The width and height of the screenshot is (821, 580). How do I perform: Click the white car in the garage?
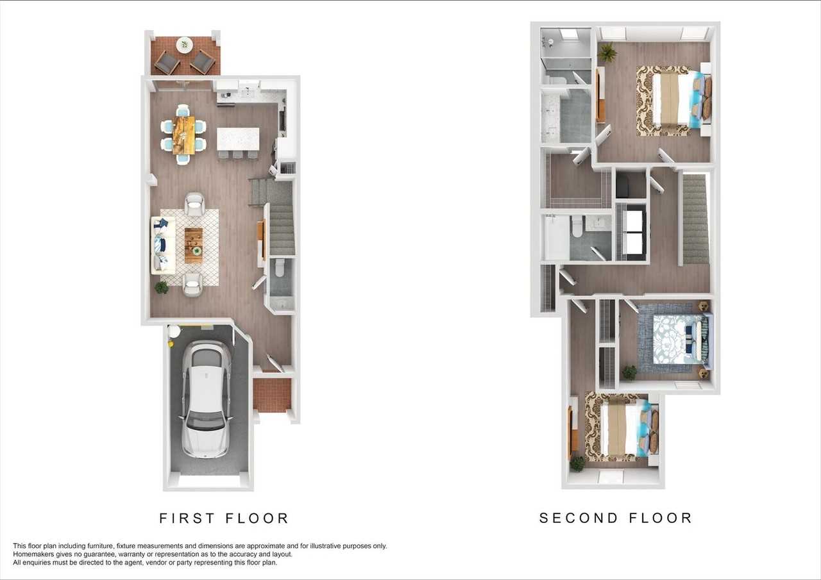click(x=207, y=399)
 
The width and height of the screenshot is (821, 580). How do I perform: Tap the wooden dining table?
click(x=183, y=135)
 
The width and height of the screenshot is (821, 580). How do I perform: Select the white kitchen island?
click(x=238, y=139)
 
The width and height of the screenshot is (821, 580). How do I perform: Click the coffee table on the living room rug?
click(x=194, y=245)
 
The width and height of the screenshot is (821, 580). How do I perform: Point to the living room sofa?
click(x=163, y=245)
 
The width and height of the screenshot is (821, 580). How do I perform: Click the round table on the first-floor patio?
click(x=184, y=45)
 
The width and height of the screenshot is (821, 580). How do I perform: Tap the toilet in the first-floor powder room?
click(x=280, y=268)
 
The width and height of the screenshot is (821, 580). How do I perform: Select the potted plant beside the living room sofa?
click(x=161, y=288)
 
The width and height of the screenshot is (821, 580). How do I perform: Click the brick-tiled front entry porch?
click(x=272, y=395)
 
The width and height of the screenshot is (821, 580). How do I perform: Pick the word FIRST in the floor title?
click(x=187, y=518)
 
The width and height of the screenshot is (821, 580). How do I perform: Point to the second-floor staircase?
click(x=695, y=219)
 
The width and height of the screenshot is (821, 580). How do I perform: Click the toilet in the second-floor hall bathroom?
click(x=577, y=226)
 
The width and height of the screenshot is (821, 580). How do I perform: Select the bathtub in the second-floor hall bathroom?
click(x=556, y=237)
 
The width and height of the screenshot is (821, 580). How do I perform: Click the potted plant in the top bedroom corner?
click(x=607, y=53)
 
